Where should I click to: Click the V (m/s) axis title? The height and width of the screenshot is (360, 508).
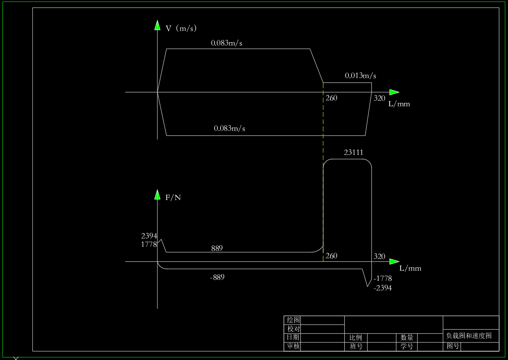tap(181, 28)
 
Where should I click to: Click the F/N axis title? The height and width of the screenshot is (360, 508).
tap(173, 198)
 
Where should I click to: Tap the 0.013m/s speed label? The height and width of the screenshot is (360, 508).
tap(361, 76)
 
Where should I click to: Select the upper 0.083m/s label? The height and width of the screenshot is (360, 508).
tap(227, 43)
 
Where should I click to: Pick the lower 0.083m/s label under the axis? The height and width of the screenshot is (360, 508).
tap(229, 129)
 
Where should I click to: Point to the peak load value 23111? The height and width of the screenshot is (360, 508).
tap(354, 152)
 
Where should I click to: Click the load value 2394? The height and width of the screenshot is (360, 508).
tap(149, 236)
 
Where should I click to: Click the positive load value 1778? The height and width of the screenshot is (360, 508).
tap(149, 244)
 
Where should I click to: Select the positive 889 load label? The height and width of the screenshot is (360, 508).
tap(217, 248)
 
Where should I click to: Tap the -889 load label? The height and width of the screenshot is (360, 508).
tap(217, 277)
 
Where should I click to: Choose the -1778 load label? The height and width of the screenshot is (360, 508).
tap(382, 279)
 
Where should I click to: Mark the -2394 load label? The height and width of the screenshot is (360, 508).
tap(382, 288)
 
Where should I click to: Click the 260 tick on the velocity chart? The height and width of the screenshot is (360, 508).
tap(331, 98)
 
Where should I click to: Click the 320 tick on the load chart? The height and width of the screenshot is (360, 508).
tap(379, 256)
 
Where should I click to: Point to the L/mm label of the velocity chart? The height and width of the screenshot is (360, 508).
tap(399, 104)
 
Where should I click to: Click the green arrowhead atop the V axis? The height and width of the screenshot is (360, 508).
tap(157, 25)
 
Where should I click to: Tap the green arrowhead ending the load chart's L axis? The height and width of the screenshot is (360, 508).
tap(394, 261)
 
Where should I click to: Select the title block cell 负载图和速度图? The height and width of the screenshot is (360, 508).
tap(468, 335)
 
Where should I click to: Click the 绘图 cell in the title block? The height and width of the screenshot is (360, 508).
tap(293, 320)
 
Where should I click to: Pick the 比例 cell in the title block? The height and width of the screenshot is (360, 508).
tap(355, 338)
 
